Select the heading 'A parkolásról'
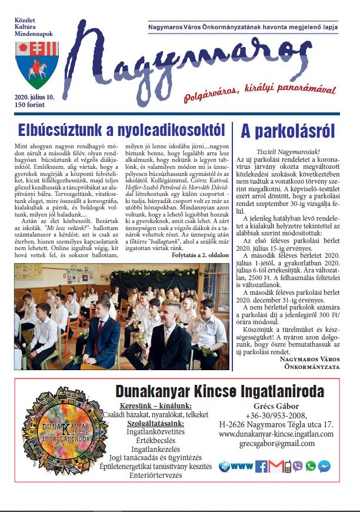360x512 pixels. point(289,129)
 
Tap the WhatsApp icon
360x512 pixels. point(311,466)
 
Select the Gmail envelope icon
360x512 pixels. point(275,467)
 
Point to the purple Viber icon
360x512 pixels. point(298,466)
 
